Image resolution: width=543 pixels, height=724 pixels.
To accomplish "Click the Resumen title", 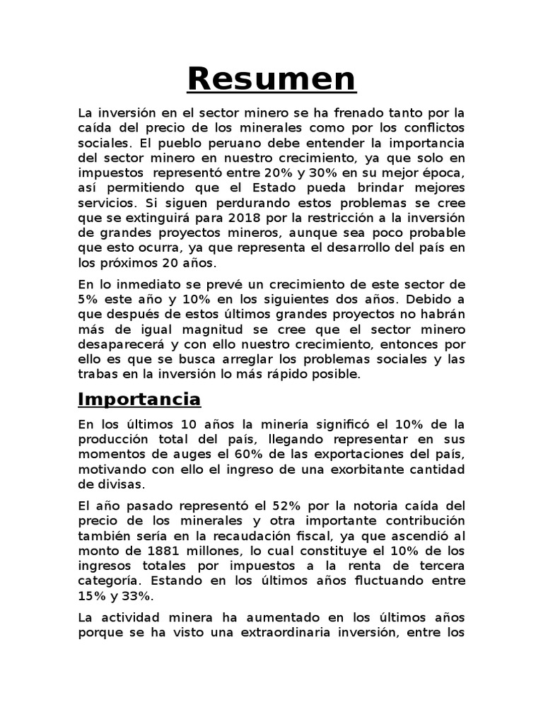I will (x=271, y=80).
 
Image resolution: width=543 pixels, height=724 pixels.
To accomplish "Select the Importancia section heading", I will (x=139, y=399).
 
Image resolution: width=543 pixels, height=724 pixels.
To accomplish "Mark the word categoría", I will (x=108, y=580).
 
